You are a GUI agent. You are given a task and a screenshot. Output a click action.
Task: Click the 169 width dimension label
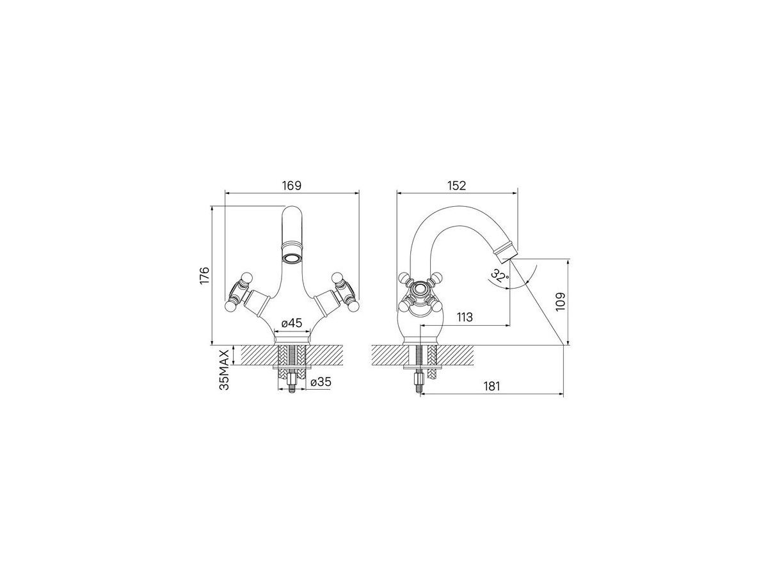[x=291, y=186]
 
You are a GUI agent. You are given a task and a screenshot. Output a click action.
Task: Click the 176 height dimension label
[x=204, y=276]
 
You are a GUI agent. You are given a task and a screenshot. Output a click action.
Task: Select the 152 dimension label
[x=456, y=186]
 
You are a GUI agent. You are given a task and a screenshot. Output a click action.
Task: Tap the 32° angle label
[x=500, y=275]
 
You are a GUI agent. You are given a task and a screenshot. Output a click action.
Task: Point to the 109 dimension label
[x=560, y=301]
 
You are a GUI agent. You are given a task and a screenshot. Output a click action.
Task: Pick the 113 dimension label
[x=465, y=317]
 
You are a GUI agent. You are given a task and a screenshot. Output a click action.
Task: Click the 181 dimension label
[x=492, y=386]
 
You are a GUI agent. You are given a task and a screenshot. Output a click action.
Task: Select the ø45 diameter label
[x=292, y=323]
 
